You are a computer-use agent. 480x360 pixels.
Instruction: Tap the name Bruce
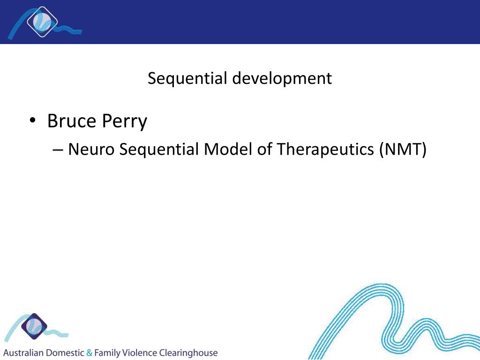(x=71, y=121)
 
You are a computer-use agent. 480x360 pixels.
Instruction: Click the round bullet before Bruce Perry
(x=32, y=121)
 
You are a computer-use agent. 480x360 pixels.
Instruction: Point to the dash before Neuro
(x=58, y=150)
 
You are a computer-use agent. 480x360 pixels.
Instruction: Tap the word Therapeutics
(x=325, y=150)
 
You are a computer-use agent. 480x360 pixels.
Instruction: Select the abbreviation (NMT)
(x=403, y=150)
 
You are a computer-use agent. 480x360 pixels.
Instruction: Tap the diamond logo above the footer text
(x=34, y=326)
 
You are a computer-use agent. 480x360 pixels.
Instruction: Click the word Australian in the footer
(x=23, y=352)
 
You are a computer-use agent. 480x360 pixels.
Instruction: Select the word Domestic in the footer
(x=65, y=352)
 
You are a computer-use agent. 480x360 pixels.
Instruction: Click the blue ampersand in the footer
(x=90, y=352)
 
